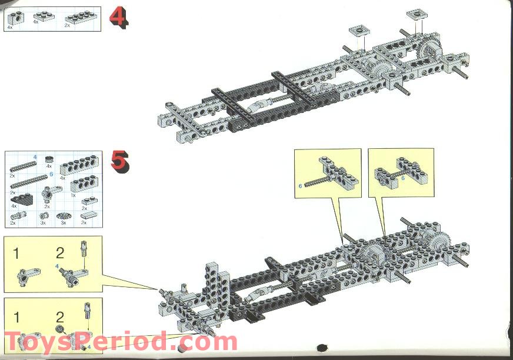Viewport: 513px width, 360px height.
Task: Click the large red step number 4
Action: tap(118, 18)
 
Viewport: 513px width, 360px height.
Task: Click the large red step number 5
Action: tap(119, 161)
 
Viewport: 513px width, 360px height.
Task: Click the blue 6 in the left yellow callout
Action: tap(300, 186)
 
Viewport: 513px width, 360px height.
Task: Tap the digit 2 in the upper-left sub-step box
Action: tap(60, 254)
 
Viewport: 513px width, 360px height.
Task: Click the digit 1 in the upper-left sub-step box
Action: tap(17, 254)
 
